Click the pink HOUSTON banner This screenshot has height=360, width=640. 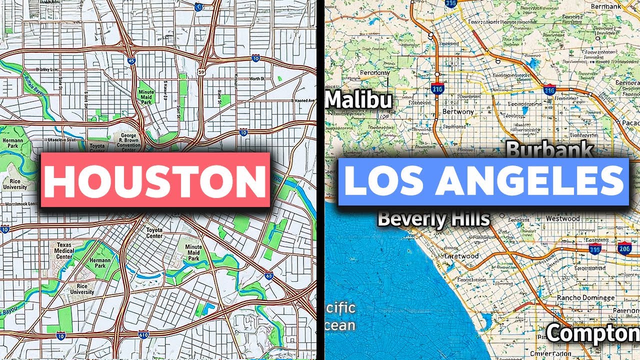click(155, 179)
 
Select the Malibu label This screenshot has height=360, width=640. click(358, 100)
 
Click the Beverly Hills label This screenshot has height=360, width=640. click(433, 218)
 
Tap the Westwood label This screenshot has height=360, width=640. click(562, 218)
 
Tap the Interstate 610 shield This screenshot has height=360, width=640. click(143, 334)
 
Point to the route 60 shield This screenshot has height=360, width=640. click(269, 276)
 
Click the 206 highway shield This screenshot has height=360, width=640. click(624, 248)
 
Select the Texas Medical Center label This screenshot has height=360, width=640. click(65, 251)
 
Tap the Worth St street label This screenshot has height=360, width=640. click(256, 79)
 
